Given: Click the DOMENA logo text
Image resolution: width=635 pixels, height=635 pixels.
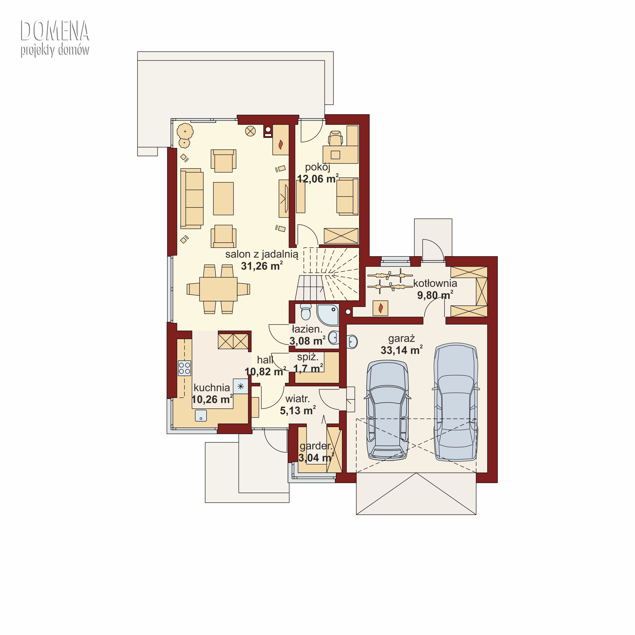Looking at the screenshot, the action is (x=55, y=30).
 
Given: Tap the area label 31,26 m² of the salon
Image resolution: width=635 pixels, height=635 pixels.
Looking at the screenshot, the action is (x=262, y=266).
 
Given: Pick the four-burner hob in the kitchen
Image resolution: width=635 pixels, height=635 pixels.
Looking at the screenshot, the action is (x=184, y=368).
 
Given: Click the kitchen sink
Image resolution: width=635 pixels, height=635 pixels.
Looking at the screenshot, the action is (x=201, y=416).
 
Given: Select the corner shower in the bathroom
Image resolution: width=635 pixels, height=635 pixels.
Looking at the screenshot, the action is (x=328, y=315).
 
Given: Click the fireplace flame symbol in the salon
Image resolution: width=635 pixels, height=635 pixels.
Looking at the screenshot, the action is (x=281, y=144).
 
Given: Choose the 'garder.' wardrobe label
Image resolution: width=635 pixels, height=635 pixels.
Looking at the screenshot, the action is (x=316, y=446).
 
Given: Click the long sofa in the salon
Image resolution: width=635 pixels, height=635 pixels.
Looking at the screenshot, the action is (x=192, y=199).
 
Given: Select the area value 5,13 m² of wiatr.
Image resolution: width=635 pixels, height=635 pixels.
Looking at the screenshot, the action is (x=298, y=410).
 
